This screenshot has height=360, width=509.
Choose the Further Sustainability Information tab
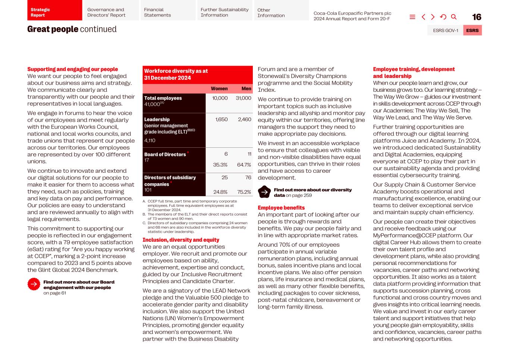224,12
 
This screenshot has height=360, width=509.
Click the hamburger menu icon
412,17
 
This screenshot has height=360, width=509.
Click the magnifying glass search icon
454,17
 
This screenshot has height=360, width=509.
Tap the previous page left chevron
423,17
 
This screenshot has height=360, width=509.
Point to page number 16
477,17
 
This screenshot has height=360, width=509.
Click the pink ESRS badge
472,31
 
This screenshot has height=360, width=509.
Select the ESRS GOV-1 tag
445,31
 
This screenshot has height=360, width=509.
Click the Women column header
219,89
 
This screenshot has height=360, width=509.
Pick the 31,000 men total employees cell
243,98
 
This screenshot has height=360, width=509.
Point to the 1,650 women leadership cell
221,119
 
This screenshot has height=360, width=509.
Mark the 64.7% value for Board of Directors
244,165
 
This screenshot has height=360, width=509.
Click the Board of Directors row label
165,154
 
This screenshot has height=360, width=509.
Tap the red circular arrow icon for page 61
34,284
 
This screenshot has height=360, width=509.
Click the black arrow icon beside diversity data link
264,192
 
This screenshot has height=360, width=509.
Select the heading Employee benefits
281,208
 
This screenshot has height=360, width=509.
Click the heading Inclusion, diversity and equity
181,240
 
